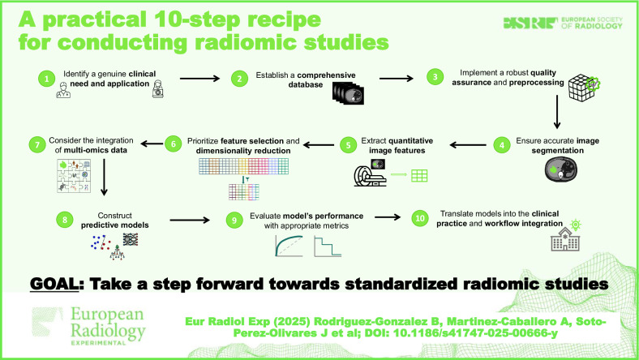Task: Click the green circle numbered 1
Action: click(46, 79)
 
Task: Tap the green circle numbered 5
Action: click(348, 145)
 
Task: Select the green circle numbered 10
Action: click(420, 219)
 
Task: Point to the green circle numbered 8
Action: click(64, 221)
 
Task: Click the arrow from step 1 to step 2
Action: click(199, 79)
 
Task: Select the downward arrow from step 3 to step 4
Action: click(557, 112)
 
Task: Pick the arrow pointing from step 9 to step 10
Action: click(388, 217)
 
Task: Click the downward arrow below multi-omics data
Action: click(104, 177)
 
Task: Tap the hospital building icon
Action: click(565, 239)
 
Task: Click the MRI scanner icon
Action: click(370, 176)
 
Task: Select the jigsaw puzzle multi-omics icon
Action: click(74, 176)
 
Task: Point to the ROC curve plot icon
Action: click(289, 246)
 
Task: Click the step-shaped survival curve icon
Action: click(328, 246)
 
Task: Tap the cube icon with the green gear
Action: click(584, 88)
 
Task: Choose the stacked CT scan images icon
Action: click(348, 93)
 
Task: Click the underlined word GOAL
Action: click(54, 284)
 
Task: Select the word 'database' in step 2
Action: click(306, 85)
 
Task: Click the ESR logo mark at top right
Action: click(530, 23)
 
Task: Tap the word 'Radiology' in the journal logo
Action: click(108, 331)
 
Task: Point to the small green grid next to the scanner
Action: click(419, 176)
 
